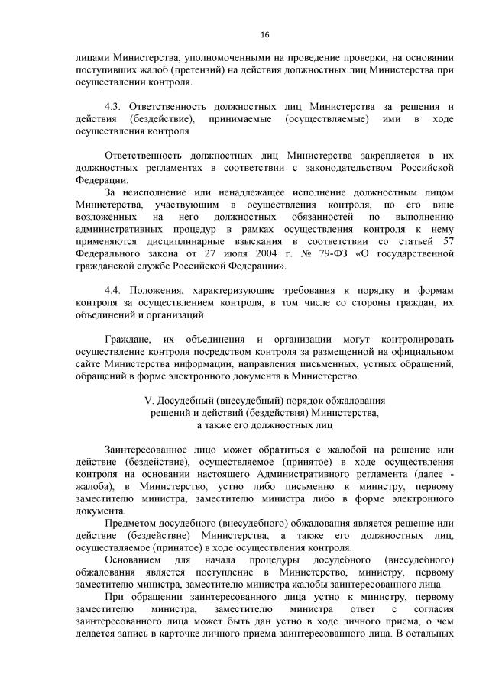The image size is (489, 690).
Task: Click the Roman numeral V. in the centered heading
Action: click(x=150, y=400)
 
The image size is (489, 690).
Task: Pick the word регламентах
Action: click(x=165, y=168)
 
